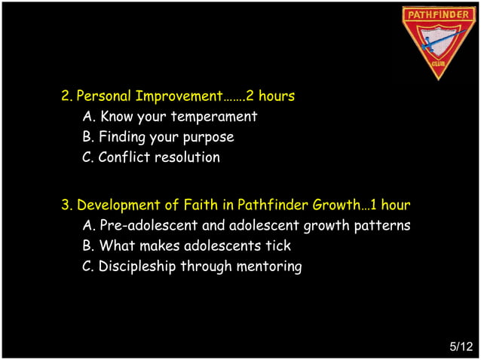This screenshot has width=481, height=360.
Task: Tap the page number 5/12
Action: (x=461, y=346)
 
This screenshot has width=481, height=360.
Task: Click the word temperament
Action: (x=214, y=117)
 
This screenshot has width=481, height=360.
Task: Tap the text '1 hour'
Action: (x=390, y=205)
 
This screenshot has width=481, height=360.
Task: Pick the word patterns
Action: (x=382, y=225)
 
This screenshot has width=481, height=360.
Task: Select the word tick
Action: (x=278, y=246)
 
